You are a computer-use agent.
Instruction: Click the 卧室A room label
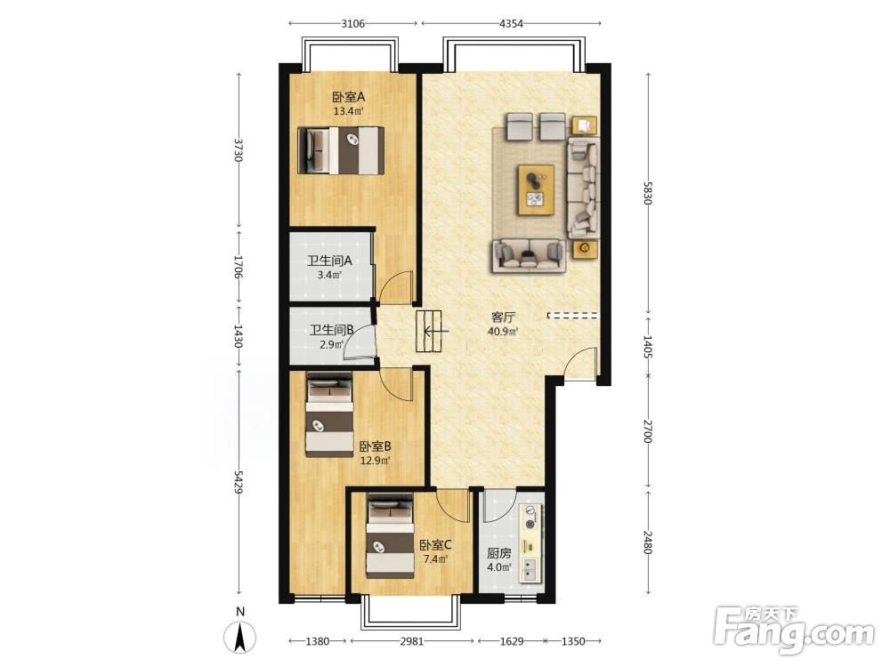coord(349,98)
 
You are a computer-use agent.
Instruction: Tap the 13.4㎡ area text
coord(348,111)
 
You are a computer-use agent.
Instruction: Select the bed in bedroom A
coord(341,150)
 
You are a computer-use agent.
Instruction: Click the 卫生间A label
coord(330,261)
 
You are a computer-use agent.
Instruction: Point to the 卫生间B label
coord(331,330)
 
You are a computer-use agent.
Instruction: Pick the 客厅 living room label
coord(503,317)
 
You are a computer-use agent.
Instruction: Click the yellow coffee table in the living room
coord(536,190)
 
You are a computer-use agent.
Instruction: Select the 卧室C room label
coord(435,546)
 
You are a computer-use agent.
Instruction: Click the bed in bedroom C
coord(390,536)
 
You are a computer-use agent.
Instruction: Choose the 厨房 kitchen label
coord(499,553)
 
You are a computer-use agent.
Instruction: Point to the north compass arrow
coord(240,637)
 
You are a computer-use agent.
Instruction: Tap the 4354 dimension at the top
coord(511,23)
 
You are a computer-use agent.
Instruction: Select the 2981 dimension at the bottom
coord(411,641)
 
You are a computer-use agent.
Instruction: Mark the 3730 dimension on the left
coord(239,149)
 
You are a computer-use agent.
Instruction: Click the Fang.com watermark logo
coord(794,631)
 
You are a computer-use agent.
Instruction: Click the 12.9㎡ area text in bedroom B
coord(376,461)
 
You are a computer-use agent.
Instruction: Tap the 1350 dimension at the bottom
coord(572,641)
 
